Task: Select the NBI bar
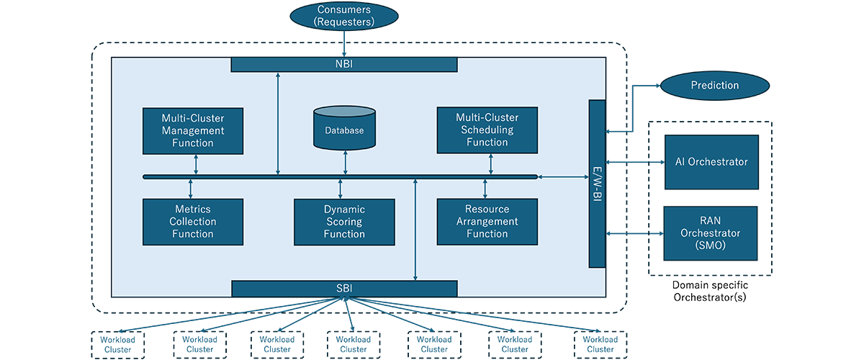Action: pyautogui.click(x=343, y=65)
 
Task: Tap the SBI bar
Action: pyautogui.click(x=343, y=289)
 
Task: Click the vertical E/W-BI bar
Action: pyautogui.click(x=597, y=184)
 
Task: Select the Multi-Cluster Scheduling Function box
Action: pyautogui.click(x=487, y=130)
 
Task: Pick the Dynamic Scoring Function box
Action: pyautogui.click(x=344, y=222)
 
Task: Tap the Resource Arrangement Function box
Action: pyautogui.click(x=487, y=221)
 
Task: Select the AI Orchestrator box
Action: pyautogui.click(x=711, y=162)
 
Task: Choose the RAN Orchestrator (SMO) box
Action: pyautogui.click(x=711, y=233)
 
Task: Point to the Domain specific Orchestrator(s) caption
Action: pyautogui.click(x=710, y=292)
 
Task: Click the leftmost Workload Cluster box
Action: pyautogui.click(x=118, y=344)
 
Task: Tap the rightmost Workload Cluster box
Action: pyautogui.click(x=600, y=344)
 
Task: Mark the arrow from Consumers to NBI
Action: pyautogui.click(x=346, y=45)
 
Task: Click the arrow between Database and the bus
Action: pyautogui.click(x=346, y=163)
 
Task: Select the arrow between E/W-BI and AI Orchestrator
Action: pyautogui.click(x=634, y=162)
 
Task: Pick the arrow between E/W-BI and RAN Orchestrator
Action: pyautogui.click(x=634, y=233)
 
